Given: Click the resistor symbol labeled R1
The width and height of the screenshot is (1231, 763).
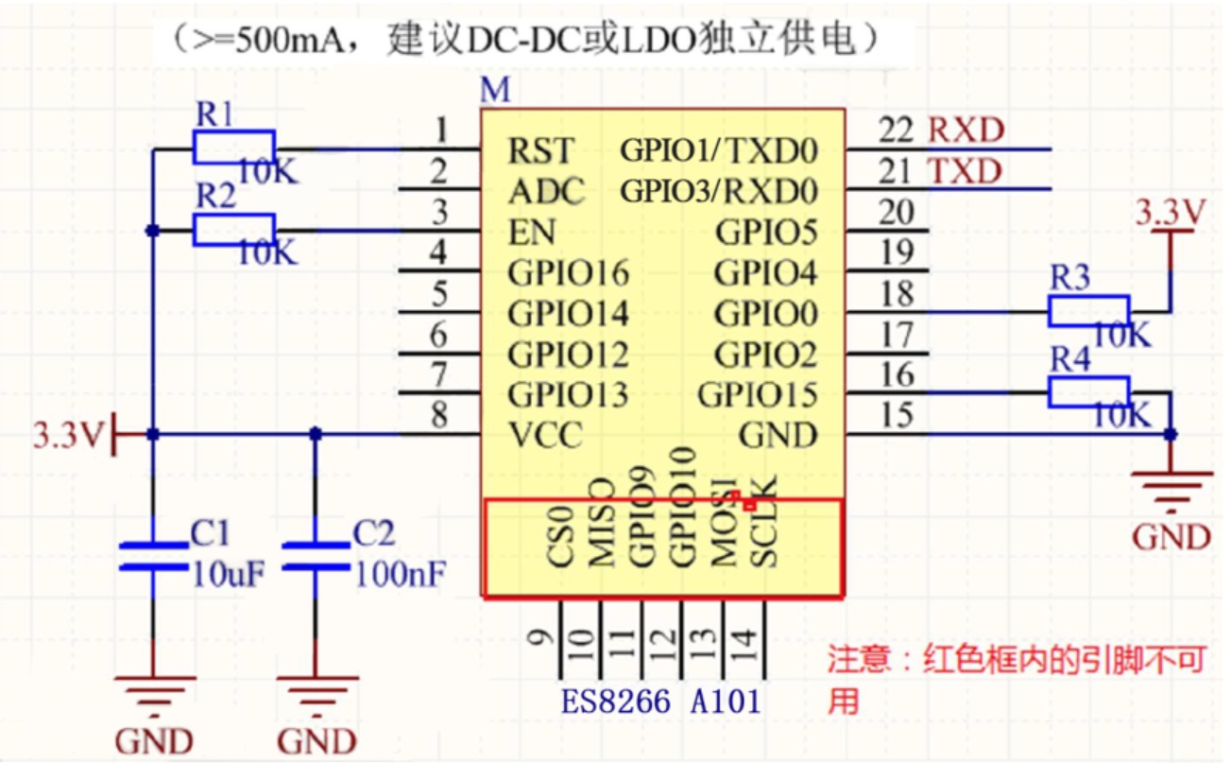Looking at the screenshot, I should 233,148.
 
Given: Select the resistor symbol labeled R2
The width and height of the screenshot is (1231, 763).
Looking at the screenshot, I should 233,230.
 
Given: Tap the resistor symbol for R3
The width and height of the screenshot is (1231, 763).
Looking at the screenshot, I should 1088,311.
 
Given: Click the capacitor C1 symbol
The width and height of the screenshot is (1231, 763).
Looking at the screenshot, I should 152,557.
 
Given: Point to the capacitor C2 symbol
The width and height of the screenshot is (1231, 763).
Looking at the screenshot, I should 316,557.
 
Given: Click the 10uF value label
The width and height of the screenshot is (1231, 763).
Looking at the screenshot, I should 225,574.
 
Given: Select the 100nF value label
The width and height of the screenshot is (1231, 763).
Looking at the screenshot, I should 399,574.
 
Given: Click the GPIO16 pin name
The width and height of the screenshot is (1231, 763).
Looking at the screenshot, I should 569,273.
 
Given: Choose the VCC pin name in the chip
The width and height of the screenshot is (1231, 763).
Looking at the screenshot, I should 545,436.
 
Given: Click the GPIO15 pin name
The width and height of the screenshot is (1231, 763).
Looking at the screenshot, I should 758,394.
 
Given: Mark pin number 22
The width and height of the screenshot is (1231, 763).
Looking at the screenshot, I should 896,130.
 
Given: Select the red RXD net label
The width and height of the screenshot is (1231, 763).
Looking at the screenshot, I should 966,130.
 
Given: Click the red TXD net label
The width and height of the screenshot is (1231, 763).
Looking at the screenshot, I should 966,172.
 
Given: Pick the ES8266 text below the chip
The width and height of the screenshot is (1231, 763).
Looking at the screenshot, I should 616,702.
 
